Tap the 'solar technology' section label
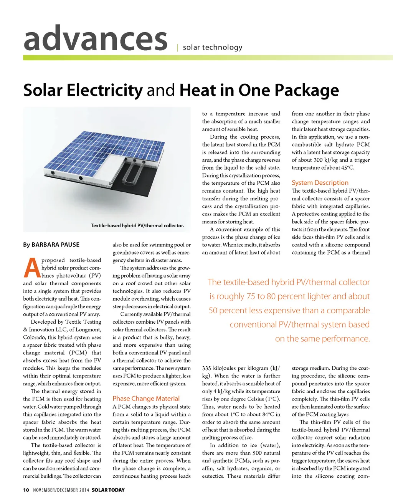click(213, 47)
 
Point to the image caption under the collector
click(137, 225)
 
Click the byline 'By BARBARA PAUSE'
click(51, 245)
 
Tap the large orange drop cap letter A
click(31, 268)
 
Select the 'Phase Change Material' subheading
click(146, 399)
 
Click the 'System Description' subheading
click(320, 183)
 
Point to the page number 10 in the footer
click(26, 490)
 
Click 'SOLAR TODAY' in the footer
click(108, 490)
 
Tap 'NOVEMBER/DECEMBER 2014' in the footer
click(61, 490)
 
